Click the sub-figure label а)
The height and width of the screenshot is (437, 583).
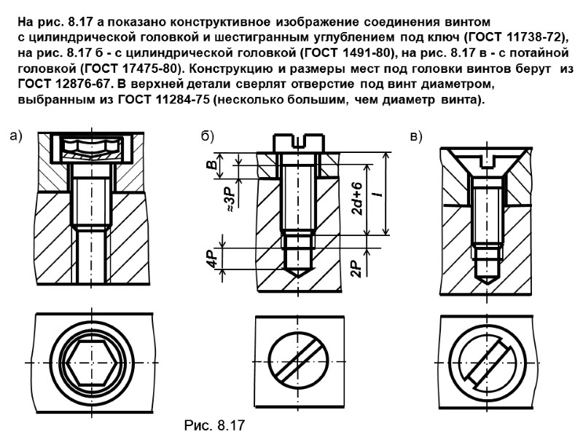tap(17, 135)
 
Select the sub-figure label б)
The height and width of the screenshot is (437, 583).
tap(207, 135)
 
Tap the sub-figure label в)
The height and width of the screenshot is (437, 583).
tap(417, 135)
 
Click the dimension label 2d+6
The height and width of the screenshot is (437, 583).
tap(357, 199)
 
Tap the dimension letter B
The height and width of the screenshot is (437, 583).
tap(211, 166)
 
